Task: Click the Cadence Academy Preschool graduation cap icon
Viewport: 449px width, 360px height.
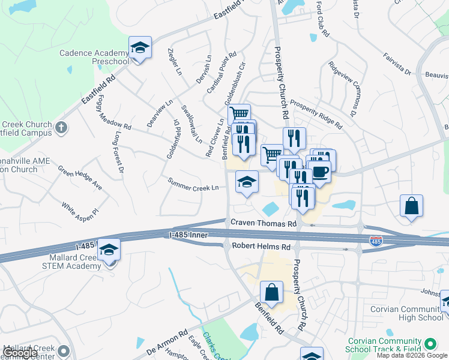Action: click(140, 47)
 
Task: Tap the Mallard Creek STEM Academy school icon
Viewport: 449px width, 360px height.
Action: click(109, 250)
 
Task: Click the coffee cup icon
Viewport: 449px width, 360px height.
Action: click(320, 172)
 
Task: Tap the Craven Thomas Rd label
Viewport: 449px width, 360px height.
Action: click(264, 223)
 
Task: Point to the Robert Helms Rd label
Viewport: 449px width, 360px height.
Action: click(262, 247)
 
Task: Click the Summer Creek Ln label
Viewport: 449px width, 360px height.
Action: click(192, 184)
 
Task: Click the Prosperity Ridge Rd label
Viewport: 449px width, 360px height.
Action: click(316, 114)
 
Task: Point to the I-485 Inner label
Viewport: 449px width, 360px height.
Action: click(188, 236)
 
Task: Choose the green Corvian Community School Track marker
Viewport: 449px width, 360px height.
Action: click(430, 344)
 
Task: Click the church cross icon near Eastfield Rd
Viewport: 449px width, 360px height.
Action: click(61, 127)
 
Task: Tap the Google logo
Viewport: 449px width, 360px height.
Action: click(20, 352)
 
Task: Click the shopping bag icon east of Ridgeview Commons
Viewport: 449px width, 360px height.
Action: click(411, 206)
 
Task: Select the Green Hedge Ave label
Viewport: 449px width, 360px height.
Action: click(80, 178)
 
